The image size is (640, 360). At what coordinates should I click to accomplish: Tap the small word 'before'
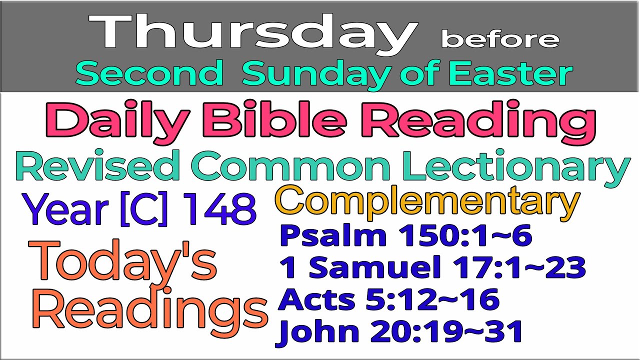coord(499,38)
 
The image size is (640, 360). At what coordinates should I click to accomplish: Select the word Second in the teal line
coord(149,74)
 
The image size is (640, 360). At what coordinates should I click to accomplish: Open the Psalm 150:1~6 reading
coord(405,236)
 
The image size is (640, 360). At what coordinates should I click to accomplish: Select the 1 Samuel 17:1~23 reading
coord(432,268)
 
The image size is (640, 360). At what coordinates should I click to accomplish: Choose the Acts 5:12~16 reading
coord(389,299)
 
